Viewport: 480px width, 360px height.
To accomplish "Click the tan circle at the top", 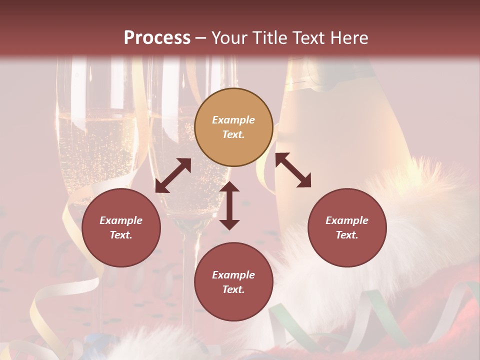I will coord(233,127).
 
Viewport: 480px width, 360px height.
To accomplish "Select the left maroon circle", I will coord(121,227).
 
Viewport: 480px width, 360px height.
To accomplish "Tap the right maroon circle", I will coord(347,227).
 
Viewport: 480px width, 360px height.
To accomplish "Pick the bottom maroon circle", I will coord(233,282).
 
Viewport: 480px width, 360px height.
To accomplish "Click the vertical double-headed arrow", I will coord(229,205).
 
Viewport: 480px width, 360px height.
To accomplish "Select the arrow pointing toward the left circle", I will coord(173,175).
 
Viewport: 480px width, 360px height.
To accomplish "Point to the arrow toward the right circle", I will coord(293,170).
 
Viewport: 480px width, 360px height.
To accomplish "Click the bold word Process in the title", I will coord(157,38).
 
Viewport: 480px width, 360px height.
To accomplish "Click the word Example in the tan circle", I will coord(233,120).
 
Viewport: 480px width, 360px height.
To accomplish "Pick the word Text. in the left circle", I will coord(121,235).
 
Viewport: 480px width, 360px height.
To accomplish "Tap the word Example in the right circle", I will coord(347,220).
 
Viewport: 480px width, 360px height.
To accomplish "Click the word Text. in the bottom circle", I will coord(233,289).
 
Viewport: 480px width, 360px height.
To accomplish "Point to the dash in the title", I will coord(201,38).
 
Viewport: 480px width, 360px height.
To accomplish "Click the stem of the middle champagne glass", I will coord(186,280).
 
